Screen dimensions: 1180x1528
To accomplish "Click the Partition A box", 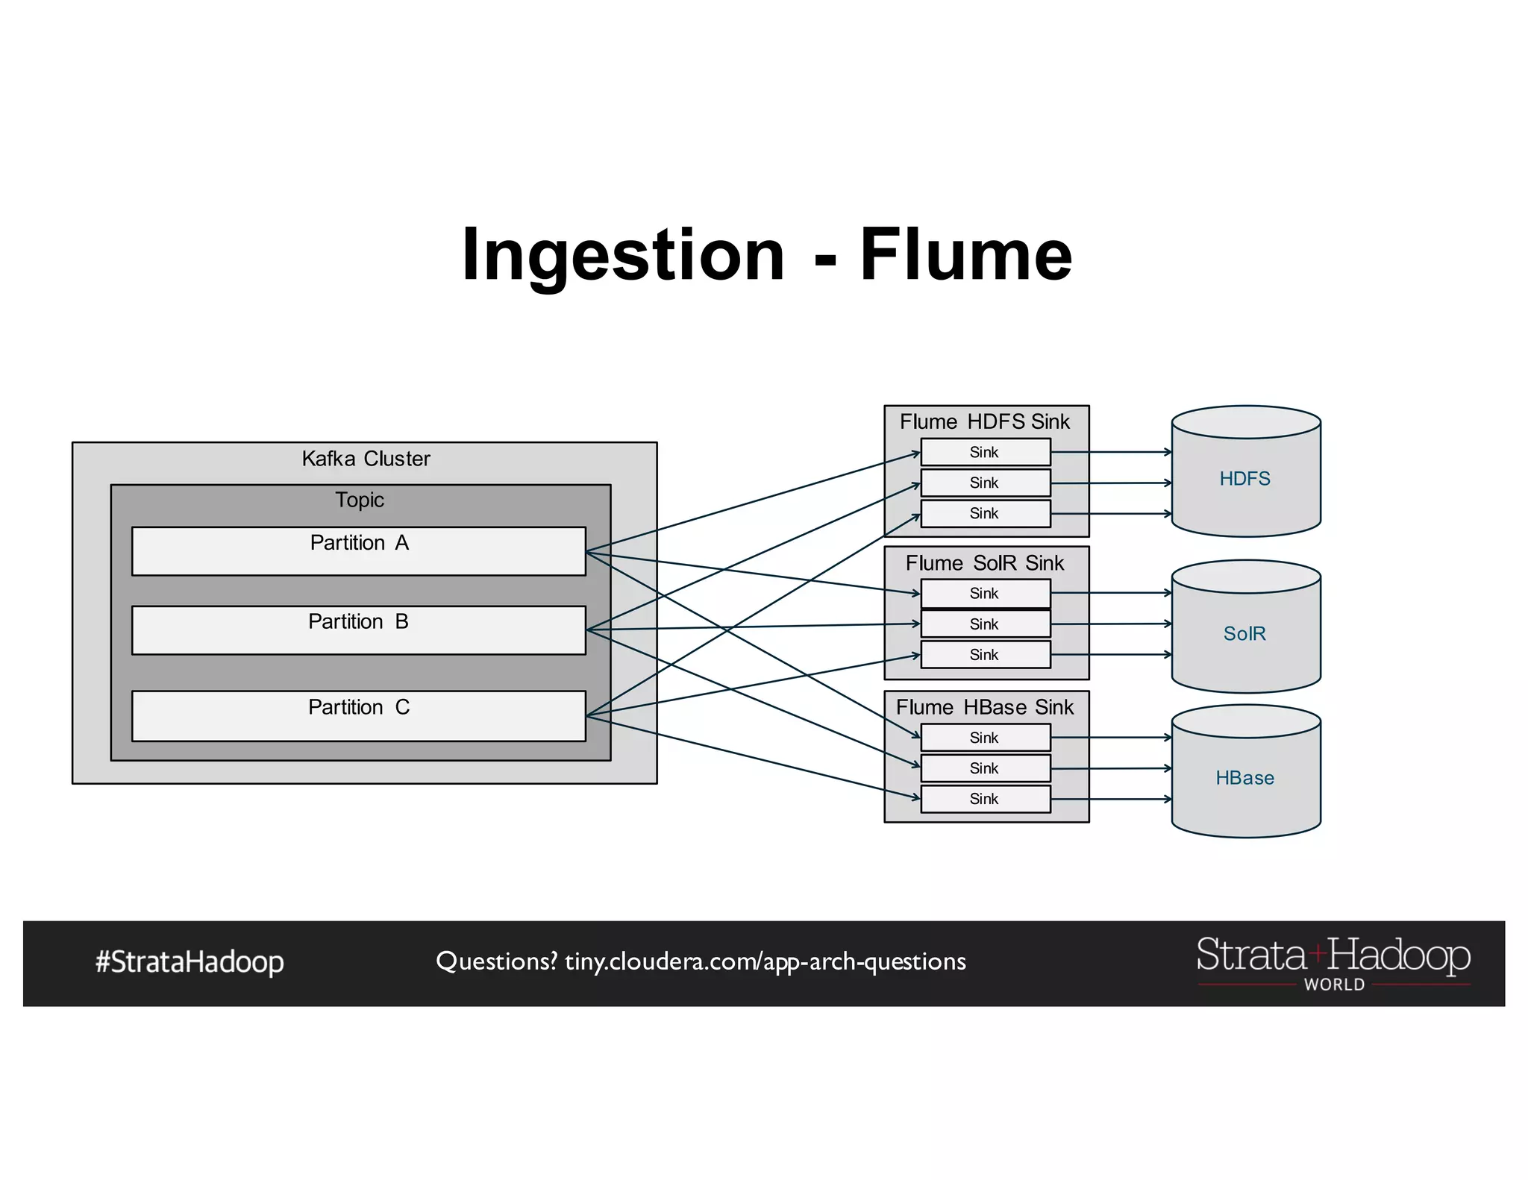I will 358,551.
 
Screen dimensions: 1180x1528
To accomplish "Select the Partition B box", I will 358,630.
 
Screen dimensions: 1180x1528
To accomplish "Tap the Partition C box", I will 358,716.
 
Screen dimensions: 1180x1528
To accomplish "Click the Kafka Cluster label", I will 366,459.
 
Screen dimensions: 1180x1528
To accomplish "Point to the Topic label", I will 360,500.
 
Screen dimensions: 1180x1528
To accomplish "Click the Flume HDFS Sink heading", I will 985,422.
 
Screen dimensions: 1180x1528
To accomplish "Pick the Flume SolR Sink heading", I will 985,563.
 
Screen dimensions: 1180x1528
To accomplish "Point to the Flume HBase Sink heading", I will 985,707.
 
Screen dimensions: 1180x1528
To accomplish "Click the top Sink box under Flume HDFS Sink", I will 985,452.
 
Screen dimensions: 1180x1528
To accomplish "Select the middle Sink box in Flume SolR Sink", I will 985,624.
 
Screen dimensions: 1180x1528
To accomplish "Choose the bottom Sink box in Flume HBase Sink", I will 985,799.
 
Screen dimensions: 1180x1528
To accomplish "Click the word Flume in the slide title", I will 965,255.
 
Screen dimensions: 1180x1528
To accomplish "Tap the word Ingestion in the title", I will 623,255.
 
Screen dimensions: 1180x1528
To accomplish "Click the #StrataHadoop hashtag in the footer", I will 190,962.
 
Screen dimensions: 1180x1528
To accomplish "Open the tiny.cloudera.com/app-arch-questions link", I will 765,961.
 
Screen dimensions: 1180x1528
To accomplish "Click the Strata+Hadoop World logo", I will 1333,962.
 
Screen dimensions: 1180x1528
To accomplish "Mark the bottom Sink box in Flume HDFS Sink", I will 985,514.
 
